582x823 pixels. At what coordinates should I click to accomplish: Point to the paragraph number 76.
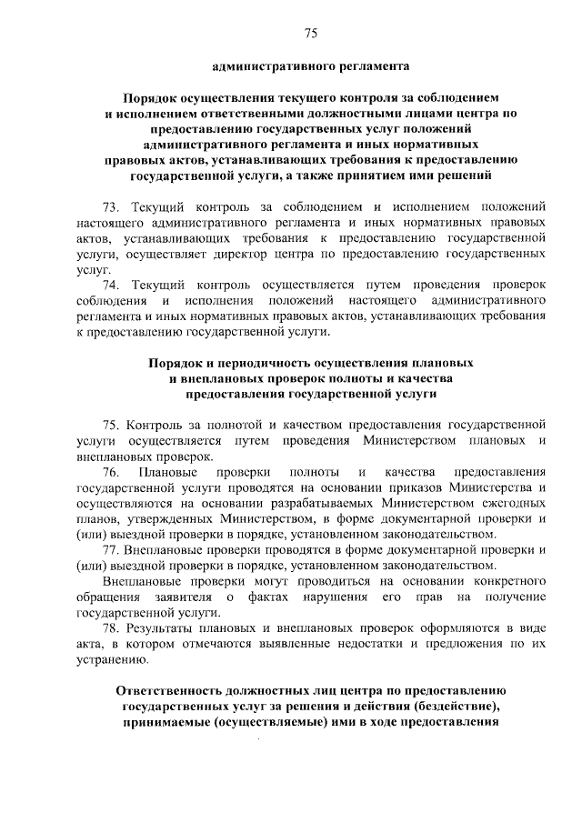point(112,472)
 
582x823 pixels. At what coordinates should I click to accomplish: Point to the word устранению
point(111,660)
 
